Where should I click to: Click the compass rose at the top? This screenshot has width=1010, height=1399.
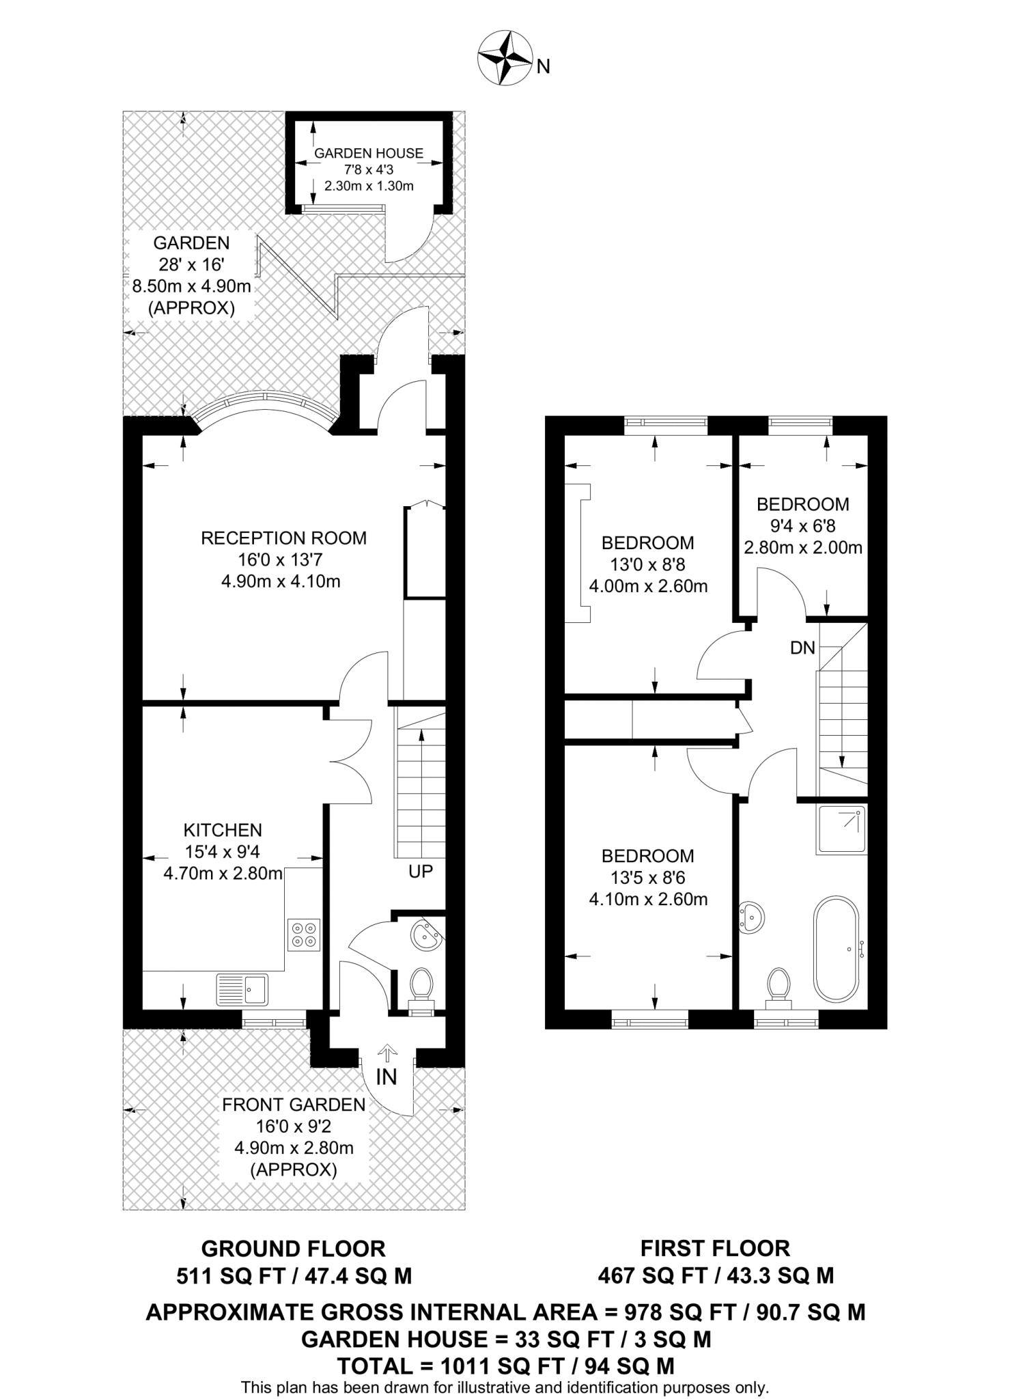[505, 59]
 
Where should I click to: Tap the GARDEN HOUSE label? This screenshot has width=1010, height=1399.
[369, 154]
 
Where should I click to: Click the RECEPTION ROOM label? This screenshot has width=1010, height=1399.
[283, 538]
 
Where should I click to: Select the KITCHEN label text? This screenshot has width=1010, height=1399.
[223, 831]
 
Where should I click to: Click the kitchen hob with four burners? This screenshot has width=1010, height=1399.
[304, 935]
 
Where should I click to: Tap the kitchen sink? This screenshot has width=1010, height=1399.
[242, 989]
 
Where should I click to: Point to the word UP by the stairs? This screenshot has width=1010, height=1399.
[421, 872]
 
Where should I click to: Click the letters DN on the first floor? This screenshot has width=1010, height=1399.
[802, 648]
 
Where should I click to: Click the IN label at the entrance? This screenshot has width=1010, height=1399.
[387, 1077]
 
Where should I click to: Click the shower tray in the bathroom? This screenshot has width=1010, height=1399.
[841, 830]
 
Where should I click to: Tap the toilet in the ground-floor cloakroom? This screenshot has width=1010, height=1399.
[421, 986]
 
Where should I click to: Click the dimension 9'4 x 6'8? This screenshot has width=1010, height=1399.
[802, 526]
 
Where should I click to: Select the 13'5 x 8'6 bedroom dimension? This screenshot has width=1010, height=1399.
[647, 878]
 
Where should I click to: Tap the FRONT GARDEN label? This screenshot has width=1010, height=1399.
[294, 1105]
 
